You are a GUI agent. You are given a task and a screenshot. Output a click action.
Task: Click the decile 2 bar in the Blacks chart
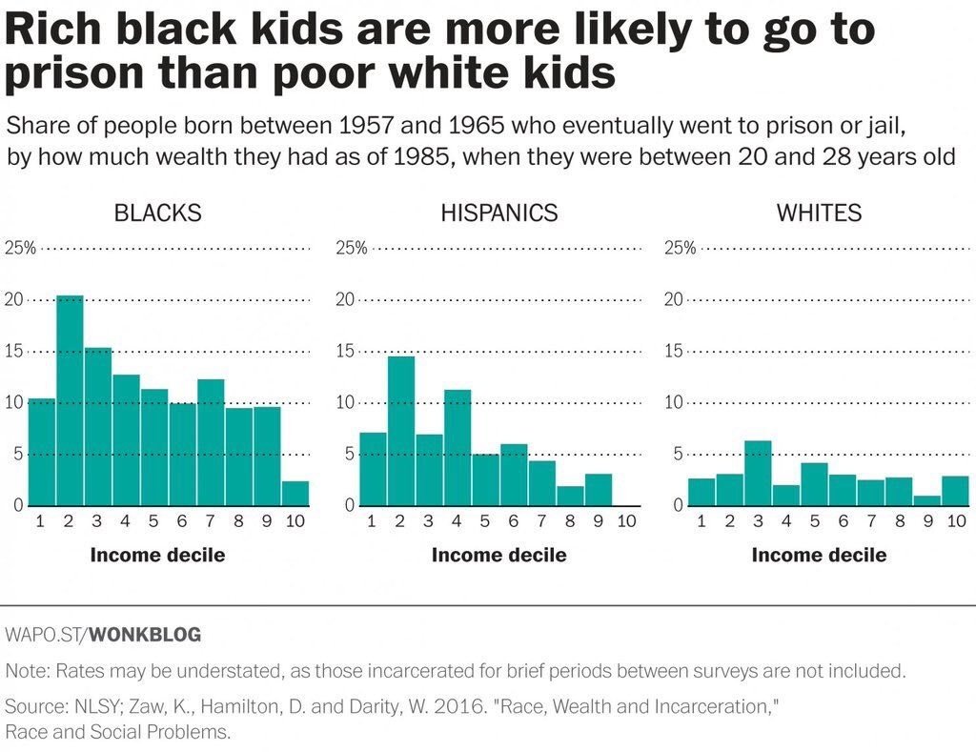[x=70, y=400]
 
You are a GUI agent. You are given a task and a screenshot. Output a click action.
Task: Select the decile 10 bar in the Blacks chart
[x=295, y=493]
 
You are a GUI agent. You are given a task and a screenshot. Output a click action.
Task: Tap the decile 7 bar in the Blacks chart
[x=211, y=442]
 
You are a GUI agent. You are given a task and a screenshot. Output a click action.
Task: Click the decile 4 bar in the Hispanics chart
[x=457, y=447]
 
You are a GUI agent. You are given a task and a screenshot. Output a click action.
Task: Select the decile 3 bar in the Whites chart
[x=757, y=473]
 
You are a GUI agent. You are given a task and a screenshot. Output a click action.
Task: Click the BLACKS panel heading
[x=157, y=213]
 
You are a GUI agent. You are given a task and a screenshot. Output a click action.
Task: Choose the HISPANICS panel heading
[x=498, y=213]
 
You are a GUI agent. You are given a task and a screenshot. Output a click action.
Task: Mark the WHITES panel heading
[x=819, y=213]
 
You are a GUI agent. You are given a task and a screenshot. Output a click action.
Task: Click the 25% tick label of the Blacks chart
[x=21, y=249]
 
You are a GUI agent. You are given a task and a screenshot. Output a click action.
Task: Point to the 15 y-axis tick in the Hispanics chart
[x=345, y=352]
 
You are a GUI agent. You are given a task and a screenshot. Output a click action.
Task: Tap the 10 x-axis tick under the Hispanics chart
[x=625, y=520]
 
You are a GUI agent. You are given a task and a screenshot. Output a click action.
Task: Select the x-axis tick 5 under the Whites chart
[x=814, y=520]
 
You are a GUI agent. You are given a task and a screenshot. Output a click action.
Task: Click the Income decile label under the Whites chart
[x=819, y=555]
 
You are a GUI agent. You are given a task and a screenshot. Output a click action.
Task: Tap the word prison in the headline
[x=79, y=73]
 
